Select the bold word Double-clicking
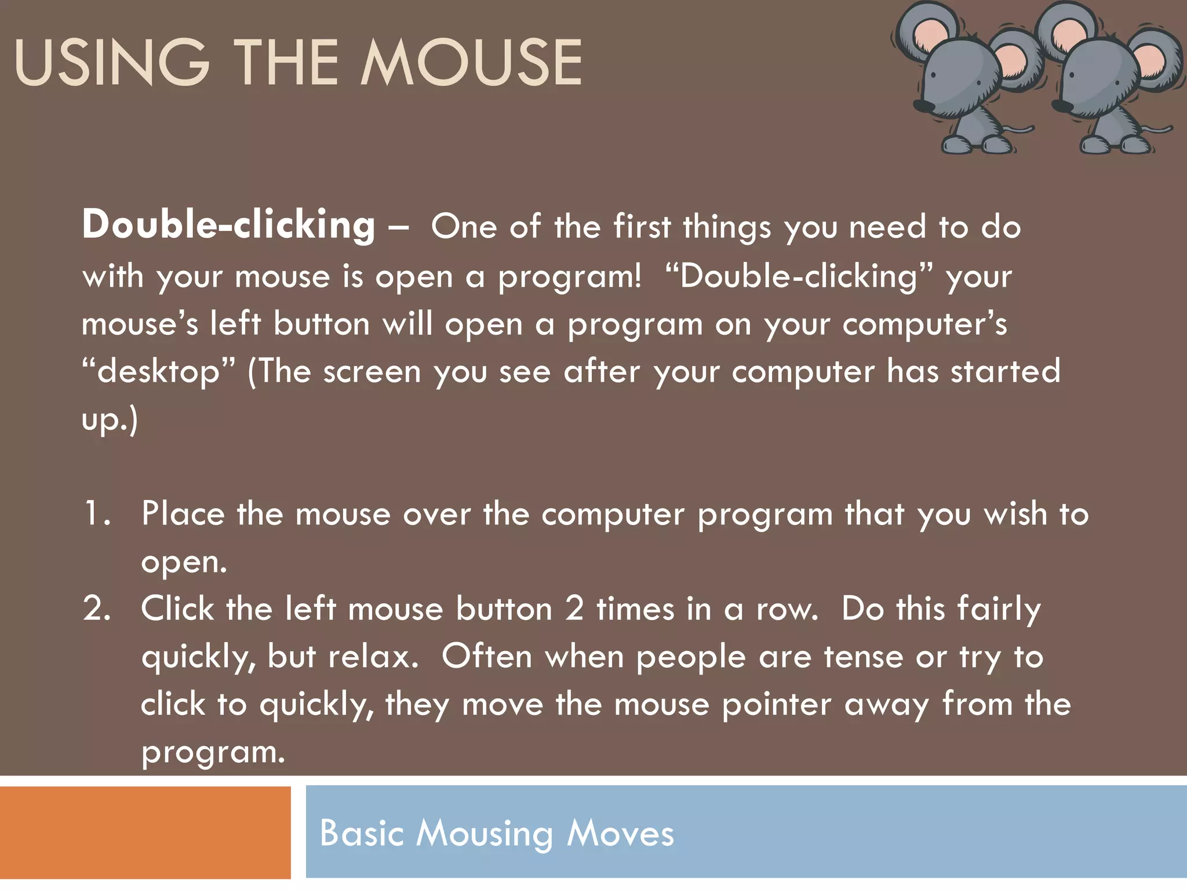click(x=228, y=225)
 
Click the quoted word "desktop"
click(x=159, y=372)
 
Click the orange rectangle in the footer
click(x=145, y=832)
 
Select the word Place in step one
click(x=183, y=514)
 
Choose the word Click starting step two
click(x=177, y=609)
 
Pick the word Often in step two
click(x=487, y=657)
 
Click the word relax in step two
click(x=372, y=657)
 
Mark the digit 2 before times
click(x=574, y=609)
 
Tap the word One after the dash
click(x=464, y=226)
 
